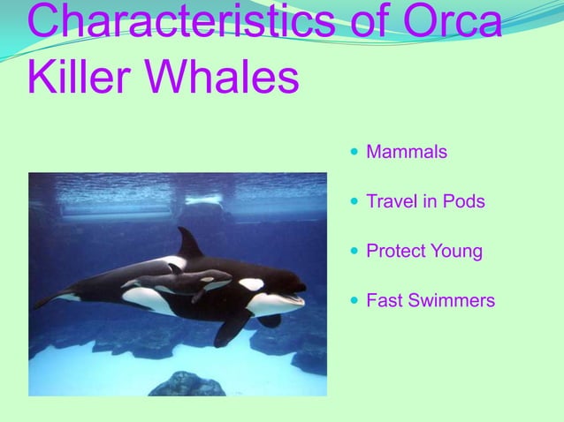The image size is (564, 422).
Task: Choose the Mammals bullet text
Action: [407, 153]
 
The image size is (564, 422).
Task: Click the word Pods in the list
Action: [464, 202]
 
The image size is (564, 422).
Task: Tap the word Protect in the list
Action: [397, 252]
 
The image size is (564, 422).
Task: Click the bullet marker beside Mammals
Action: [354, 153]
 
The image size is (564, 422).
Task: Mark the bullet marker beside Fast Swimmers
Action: [354, 302]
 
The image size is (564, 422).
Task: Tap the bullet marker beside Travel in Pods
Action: [354, 202]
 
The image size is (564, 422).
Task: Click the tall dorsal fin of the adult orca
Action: [188, 242]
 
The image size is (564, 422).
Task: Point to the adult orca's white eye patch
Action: [251, 284]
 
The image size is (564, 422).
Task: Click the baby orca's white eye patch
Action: [206, 280]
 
